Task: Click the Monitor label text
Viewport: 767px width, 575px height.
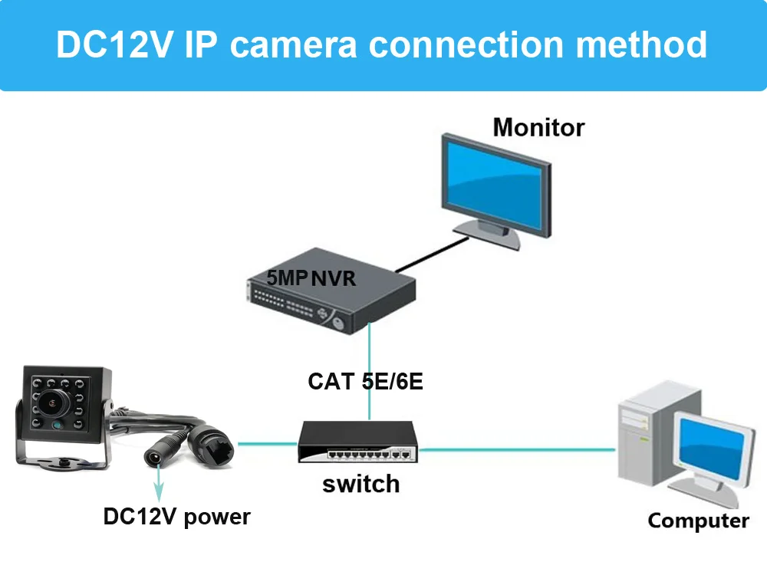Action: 538,127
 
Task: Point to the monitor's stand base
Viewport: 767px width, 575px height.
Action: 487,232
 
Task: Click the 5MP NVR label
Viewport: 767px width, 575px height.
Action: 311,278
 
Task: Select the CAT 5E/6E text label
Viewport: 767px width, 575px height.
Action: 365,381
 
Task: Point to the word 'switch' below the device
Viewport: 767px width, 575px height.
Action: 360,485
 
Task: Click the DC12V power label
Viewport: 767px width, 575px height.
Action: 176,517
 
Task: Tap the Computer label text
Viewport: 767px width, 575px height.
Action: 698,521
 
